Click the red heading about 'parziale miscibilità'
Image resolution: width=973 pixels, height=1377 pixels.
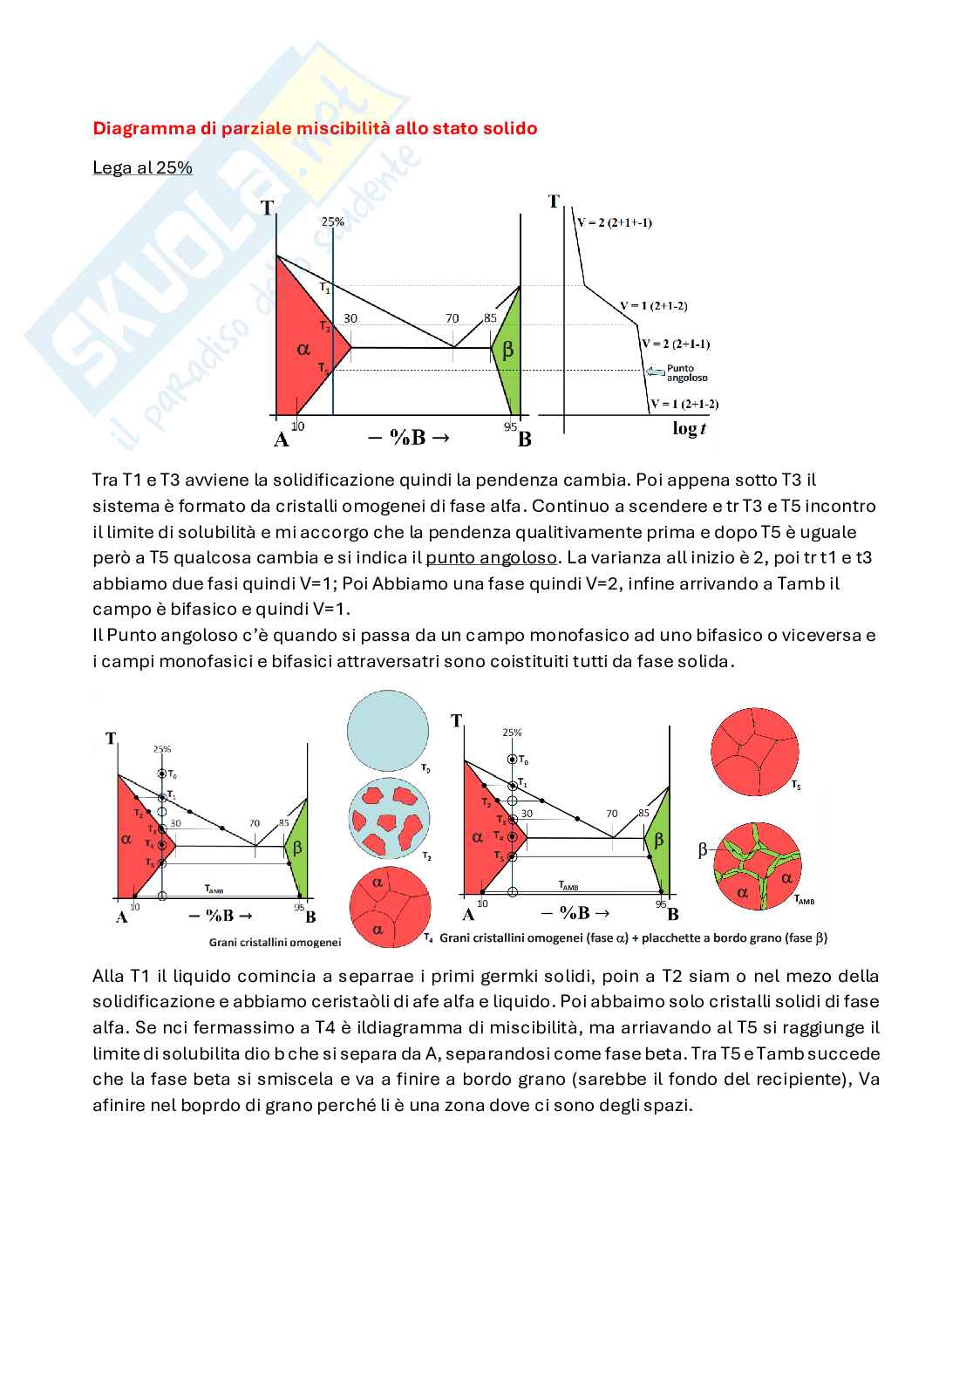point(315,128)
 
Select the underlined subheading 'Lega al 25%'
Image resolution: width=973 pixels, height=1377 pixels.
point(142,167)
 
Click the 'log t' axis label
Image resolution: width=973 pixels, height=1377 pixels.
point(689,428)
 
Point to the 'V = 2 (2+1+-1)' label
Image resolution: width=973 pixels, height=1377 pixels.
point(614,222)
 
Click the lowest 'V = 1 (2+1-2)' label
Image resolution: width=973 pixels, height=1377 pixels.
point(684,404)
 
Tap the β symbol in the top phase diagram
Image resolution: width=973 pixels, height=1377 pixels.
point(507,350)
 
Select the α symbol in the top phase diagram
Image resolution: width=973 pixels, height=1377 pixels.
point(303,349)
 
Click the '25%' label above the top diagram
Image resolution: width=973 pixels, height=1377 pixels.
point(332,222)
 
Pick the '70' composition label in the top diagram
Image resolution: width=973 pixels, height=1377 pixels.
point(452,319)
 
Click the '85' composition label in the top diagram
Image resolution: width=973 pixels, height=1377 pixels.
point(490,319)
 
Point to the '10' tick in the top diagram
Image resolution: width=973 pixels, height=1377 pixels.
point(298,426)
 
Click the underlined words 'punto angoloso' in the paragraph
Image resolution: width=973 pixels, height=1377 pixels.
point(491,557)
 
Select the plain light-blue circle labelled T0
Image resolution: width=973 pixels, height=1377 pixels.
point(388,730)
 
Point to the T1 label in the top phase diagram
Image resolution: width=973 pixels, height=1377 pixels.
point(324,288)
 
